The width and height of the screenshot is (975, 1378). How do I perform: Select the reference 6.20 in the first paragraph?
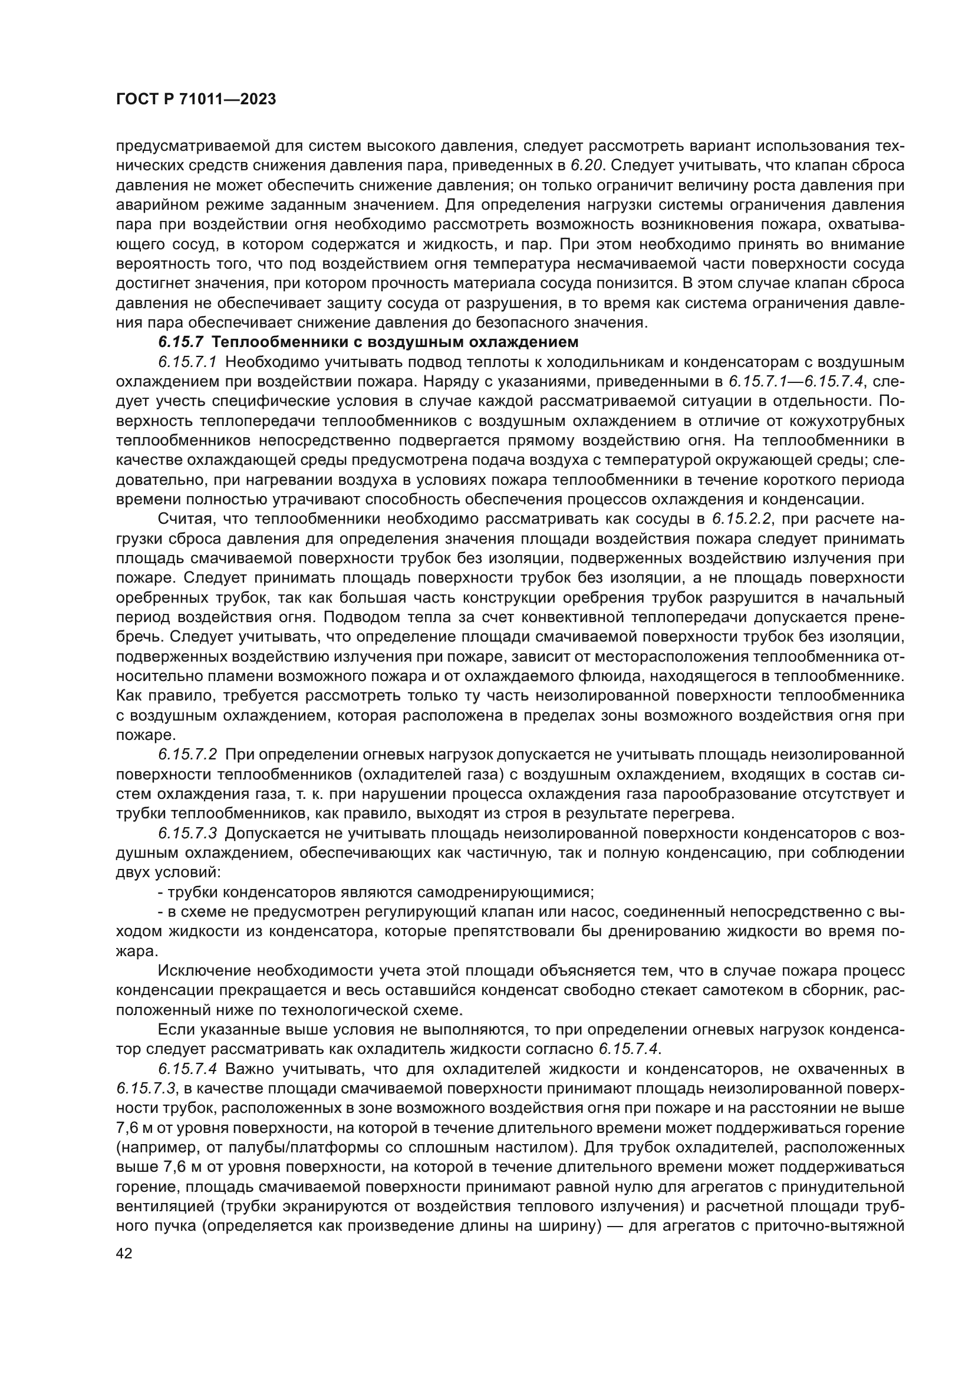(584, 166)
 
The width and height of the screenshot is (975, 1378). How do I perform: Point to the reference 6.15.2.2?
(742, 519)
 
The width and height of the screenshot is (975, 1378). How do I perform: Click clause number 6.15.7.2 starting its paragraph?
(188, 755)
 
